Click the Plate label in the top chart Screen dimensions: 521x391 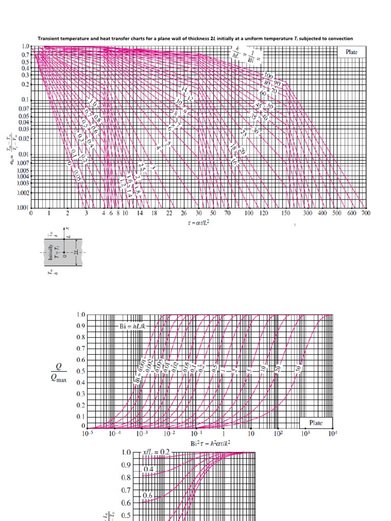(351, 52)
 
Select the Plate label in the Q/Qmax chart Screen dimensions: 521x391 (316, 423)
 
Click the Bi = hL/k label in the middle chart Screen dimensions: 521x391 (133, 326)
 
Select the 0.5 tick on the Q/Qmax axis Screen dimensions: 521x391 (81, 371)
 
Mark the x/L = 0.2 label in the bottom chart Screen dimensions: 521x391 (158, 452)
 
